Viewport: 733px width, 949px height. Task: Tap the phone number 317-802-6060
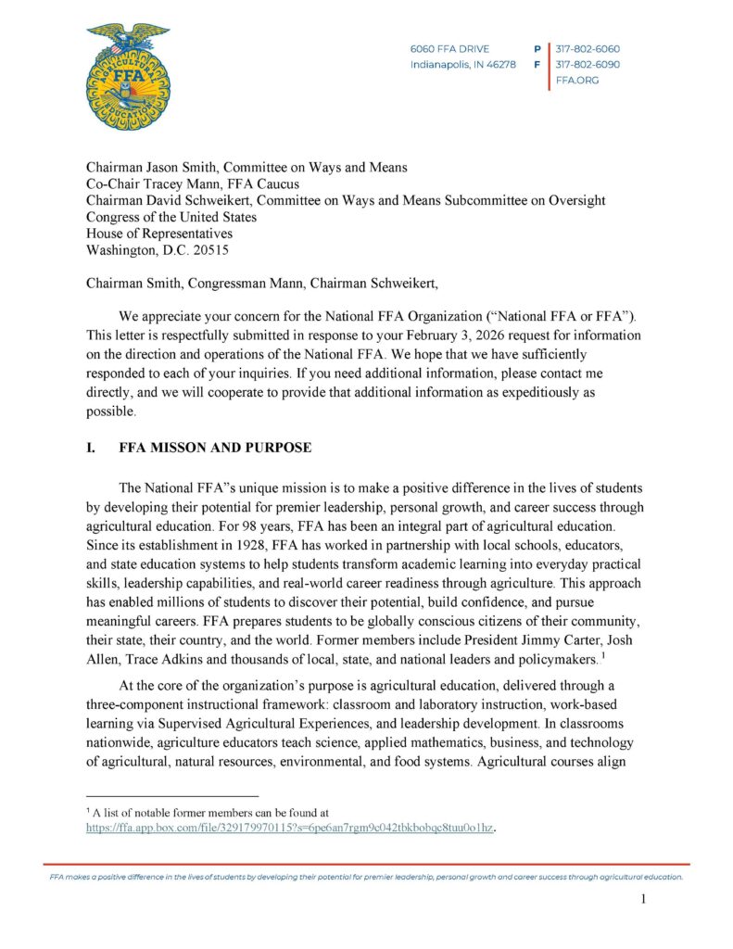[588, 48]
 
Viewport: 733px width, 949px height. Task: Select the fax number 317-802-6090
[588, 65]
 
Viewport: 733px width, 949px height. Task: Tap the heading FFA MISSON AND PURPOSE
[215, 447]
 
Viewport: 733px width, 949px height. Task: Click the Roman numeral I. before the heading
[91, 447]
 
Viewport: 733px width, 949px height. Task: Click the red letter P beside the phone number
[537, 48]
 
